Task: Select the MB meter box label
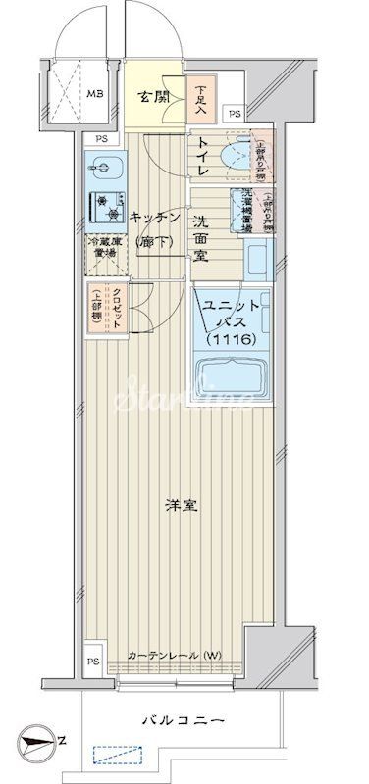point(95,95)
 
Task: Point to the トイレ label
point(201,158)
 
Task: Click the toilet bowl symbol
point(237,156)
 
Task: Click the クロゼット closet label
point(104,307)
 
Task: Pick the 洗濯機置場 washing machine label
point(238,209)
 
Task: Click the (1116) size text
point(232,339)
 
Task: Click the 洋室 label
point(178,506)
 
